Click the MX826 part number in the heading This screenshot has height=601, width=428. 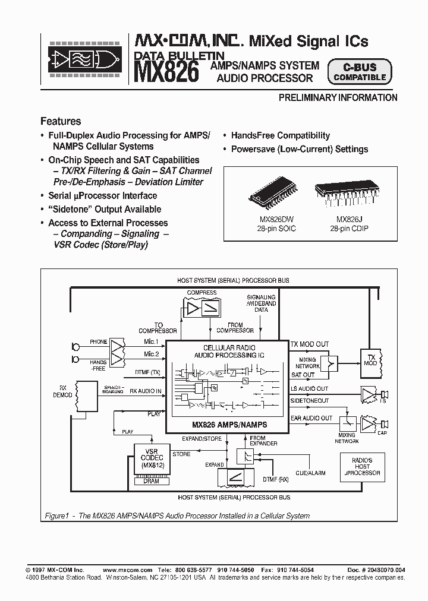[166, 72]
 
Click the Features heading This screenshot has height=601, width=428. [61, 121]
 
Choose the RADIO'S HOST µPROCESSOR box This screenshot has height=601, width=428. [362, 467]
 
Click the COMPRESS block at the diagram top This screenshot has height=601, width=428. [202, 307]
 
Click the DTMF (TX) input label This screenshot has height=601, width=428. [147, 372]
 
